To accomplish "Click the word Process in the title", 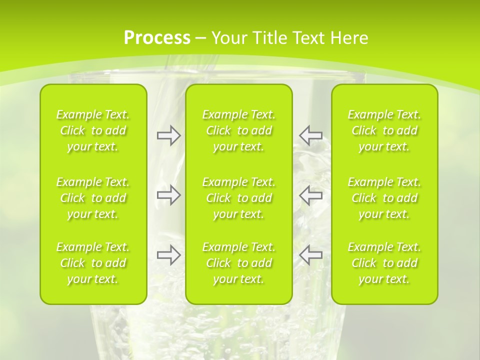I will (157, 38).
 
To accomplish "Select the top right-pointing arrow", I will (168, 135).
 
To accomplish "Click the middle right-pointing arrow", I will (168, 195).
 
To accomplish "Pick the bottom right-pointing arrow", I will (168, 255).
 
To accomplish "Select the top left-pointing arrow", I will (310, 135).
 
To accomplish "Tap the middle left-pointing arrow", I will (310, 195).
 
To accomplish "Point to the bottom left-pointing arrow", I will (310, 255).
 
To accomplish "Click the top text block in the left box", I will (93, 130).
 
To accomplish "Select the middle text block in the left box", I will (93, 198).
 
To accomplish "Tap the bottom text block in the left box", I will (93, 263).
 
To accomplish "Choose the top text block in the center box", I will (238, 130).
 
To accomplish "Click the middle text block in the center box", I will (238, 198).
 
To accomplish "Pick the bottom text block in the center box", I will (238, 263).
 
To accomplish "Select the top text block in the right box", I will (384, 130).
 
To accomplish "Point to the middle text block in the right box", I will (384, 198).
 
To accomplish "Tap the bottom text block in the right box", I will (384, 263).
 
